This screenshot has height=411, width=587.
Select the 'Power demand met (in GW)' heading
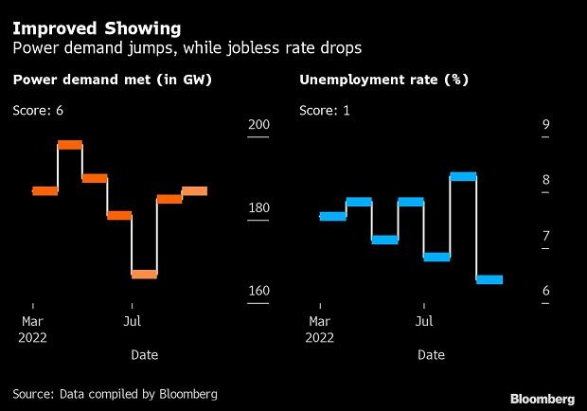coord(112,80)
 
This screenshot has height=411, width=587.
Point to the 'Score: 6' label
coord(38,111)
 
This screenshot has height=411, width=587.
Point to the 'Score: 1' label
coord(325,111)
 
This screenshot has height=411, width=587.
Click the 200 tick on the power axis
coord(258,125)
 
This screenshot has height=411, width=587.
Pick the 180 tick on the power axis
coord(258,208)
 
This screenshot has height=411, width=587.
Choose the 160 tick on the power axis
coord(258,291)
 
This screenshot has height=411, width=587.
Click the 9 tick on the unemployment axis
coord(545,125)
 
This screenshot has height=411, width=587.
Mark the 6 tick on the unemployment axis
coord(545,291)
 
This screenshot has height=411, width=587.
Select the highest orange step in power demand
coord(70,144)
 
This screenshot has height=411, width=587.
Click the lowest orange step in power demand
coord(144,274)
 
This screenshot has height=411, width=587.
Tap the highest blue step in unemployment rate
coord(462,176)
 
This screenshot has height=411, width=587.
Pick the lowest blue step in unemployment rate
coord(489,279)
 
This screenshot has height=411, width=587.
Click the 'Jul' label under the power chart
coord(133,321)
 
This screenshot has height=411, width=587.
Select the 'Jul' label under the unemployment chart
coord(425,321)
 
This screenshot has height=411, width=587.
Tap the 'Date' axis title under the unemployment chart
coord(431,355)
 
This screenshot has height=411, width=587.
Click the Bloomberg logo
coord(543,398)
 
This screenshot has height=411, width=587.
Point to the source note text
coord(115,393)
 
